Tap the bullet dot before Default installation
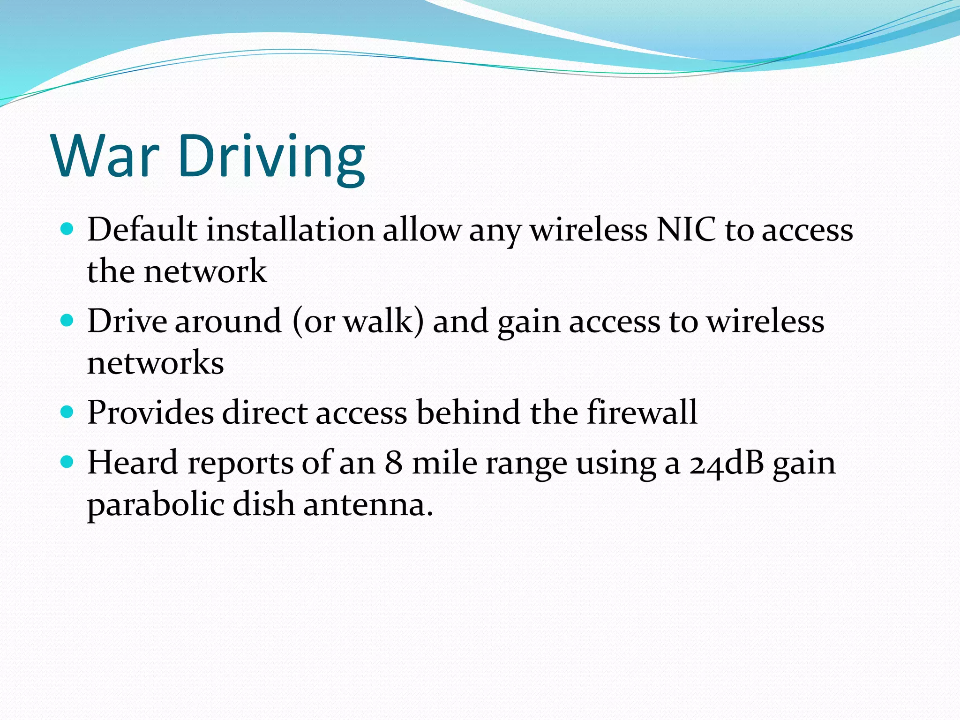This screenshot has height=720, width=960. coord(67,229)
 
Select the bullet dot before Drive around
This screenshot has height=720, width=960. coord(67,320)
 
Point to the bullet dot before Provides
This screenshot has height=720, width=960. coord(67,412)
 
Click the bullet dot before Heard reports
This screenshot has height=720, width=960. coord(67,462)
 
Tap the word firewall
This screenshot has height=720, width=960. coord(642,412)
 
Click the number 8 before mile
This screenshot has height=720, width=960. coord(394,463)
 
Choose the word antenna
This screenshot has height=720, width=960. coord(368,505)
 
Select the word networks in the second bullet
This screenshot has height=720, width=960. coord(156,363)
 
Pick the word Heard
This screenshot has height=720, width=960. coord(133,463)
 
